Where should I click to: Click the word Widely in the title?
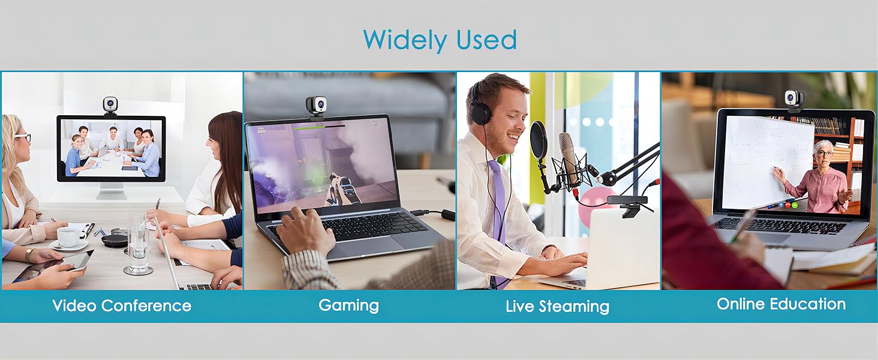click(405, 41)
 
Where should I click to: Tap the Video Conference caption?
click(122, 305)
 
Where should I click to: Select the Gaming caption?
click(348, 305)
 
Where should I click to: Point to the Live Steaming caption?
click(557, 307)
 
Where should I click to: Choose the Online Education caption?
click(781, 304)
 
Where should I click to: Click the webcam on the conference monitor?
click(111, 106)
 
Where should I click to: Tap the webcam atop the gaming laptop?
click(317, 107)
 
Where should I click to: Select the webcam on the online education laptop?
click(795, 100)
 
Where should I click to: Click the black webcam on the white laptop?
click(626, 204)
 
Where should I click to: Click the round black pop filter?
click(538, 140)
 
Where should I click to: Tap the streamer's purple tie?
click(498, 212)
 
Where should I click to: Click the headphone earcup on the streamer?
click(480, 112)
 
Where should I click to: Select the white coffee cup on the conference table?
click(69, 236)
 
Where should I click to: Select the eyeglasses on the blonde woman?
click(23, 137)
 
